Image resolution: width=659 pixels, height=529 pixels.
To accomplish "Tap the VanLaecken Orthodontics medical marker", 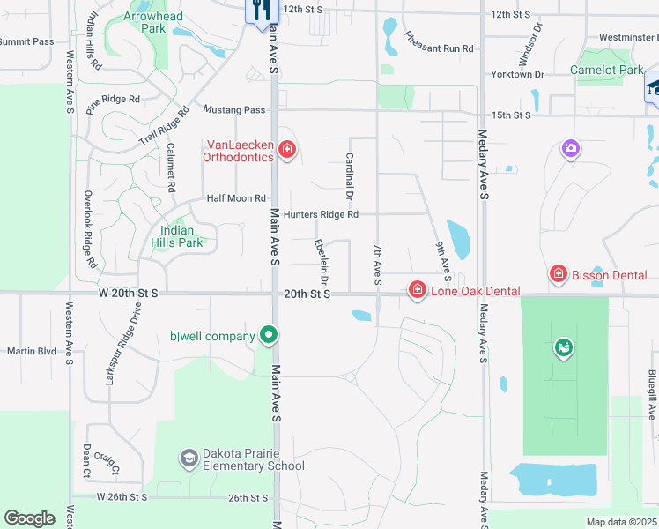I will [285, 151].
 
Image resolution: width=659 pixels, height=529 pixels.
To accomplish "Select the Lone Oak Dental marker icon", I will [416, 290].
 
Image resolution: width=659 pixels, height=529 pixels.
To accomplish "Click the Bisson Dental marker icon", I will [558, 275].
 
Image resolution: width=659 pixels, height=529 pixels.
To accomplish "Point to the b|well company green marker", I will [269, 335].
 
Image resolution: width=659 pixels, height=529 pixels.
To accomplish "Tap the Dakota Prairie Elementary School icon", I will [189, 458].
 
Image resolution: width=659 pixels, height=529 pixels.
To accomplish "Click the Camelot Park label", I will [606, 69].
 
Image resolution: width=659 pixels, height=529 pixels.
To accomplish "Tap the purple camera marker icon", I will [571, 148].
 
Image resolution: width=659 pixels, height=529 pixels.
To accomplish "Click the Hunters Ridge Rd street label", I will [321, 214].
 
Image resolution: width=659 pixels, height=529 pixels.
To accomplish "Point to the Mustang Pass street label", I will [234, 109].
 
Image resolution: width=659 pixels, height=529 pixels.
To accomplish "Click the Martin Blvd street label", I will [32, 351].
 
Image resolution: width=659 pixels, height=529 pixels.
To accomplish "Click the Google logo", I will [29, 518].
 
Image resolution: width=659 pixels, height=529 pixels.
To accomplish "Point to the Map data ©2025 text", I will [621, 522].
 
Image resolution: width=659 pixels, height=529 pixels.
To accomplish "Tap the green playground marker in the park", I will [563, 349].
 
